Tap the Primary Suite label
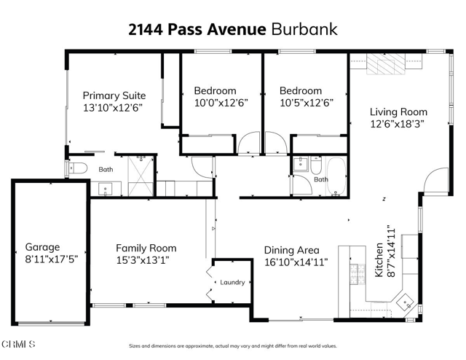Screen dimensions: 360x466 click(114, 95)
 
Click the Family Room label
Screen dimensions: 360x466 click(146, 248)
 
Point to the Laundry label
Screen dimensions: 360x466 click(232, 283)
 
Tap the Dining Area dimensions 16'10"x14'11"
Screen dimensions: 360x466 click(296, 262)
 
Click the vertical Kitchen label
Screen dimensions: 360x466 click(379, 260)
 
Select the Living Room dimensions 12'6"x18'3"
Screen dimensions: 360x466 click(398, 124)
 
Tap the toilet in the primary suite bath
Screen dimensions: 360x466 click(76, 168)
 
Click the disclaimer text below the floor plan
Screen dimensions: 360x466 click(232, 346)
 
